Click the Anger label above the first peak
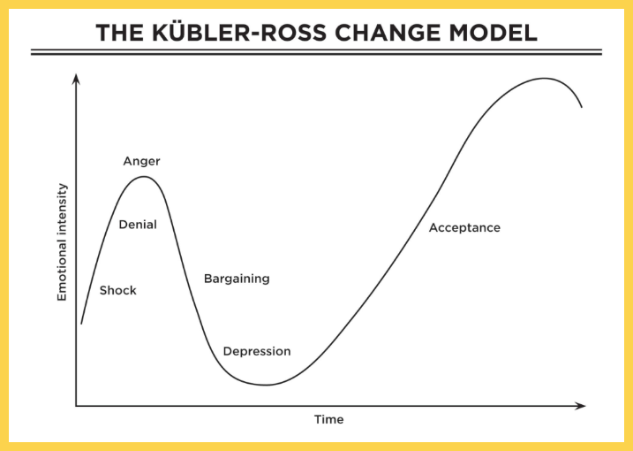coord(141,161)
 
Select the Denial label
coord(138,225)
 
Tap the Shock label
coord(118,290)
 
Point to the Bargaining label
coord(237,279)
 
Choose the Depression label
coord(257,351)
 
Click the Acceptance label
coord(464,227)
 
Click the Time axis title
coord(329,419)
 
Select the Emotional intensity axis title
coord(62,242)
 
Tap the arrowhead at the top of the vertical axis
coord(76,79)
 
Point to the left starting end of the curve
coord(81,324)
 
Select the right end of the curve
coord(582,108)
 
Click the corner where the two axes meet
coord(76,406)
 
